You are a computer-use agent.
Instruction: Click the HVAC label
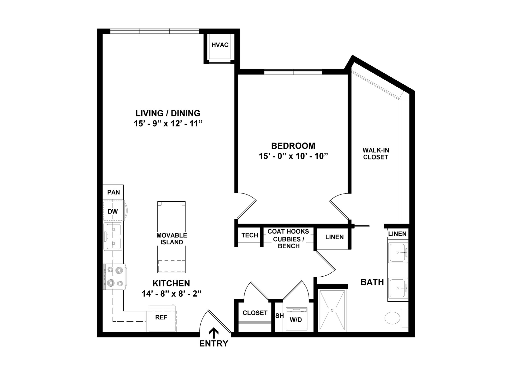[220, 45]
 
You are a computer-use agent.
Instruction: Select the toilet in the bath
[393, 318]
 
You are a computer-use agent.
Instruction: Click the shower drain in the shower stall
[332, 310]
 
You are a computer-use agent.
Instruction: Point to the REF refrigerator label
[161, 317]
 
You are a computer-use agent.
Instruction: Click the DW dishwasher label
[113, 212]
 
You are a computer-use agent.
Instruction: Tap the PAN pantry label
[113, 192]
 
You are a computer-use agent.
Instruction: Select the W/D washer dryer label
[296, 320]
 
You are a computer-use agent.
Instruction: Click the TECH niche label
[250, 235]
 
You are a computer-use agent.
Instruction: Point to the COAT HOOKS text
[288, 231]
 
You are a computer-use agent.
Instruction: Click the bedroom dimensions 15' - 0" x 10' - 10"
[293, 156]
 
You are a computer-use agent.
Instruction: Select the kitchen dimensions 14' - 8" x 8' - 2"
[171, 294]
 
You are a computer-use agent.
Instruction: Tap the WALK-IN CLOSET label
[376, 154]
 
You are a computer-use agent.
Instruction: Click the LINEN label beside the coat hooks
[334, 237]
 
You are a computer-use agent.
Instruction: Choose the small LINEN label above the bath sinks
[397, 234]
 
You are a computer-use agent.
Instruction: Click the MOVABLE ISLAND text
[172, 239]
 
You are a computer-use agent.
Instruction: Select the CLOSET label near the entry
[255, 313]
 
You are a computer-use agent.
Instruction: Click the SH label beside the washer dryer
[279, 316]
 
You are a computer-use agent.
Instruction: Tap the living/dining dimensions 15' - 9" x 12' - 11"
[168, 124]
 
